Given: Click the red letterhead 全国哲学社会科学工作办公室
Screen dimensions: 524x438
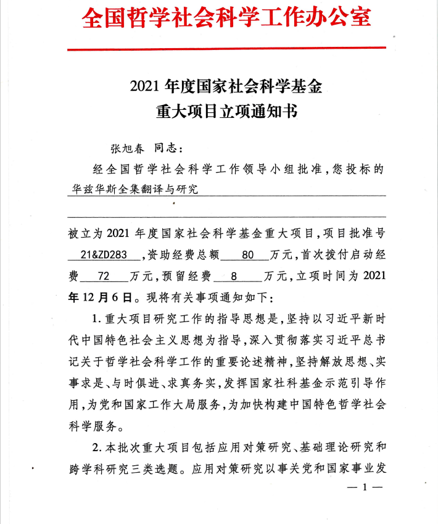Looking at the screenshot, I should click(x=226, y=19).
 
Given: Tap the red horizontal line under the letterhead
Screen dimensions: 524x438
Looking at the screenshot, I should click(x=226, y=49).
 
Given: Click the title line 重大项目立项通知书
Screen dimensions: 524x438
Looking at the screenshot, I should click(x=226, y=112).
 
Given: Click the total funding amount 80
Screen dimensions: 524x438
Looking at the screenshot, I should click(x=248, y=255).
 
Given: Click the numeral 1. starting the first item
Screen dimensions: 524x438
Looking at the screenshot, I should click(x=96, y=320).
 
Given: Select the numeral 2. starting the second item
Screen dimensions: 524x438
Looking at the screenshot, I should click(x=96, y=447).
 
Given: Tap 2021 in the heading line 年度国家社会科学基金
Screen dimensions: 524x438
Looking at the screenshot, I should click(x=146, y=86).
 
